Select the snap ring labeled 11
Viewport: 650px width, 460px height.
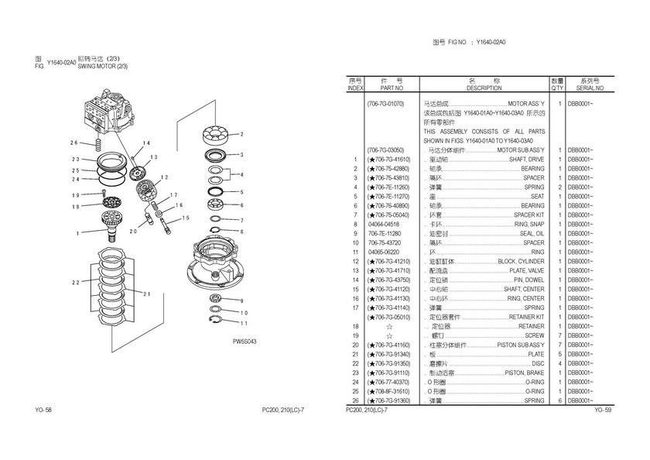point(216,321)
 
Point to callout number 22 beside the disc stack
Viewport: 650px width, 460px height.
point(75,283)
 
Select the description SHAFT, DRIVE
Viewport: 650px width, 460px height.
point(527,159)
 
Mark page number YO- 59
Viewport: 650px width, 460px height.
point(603,409)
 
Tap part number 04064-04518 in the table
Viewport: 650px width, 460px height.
point(384,224)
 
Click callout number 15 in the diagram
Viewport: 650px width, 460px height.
point(186,218)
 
